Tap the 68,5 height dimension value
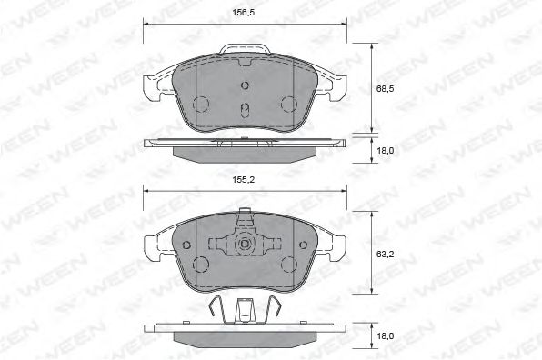(385, 89)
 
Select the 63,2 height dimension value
(385, 255)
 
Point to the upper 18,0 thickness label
(385, 151)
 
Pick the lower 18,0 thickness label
(385, 336)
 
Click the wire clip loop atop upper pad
(245, 45)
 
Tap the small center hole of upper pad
(245, 85)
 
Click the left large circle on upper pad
(201, 104)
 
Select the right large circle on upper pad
(289, 104)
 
